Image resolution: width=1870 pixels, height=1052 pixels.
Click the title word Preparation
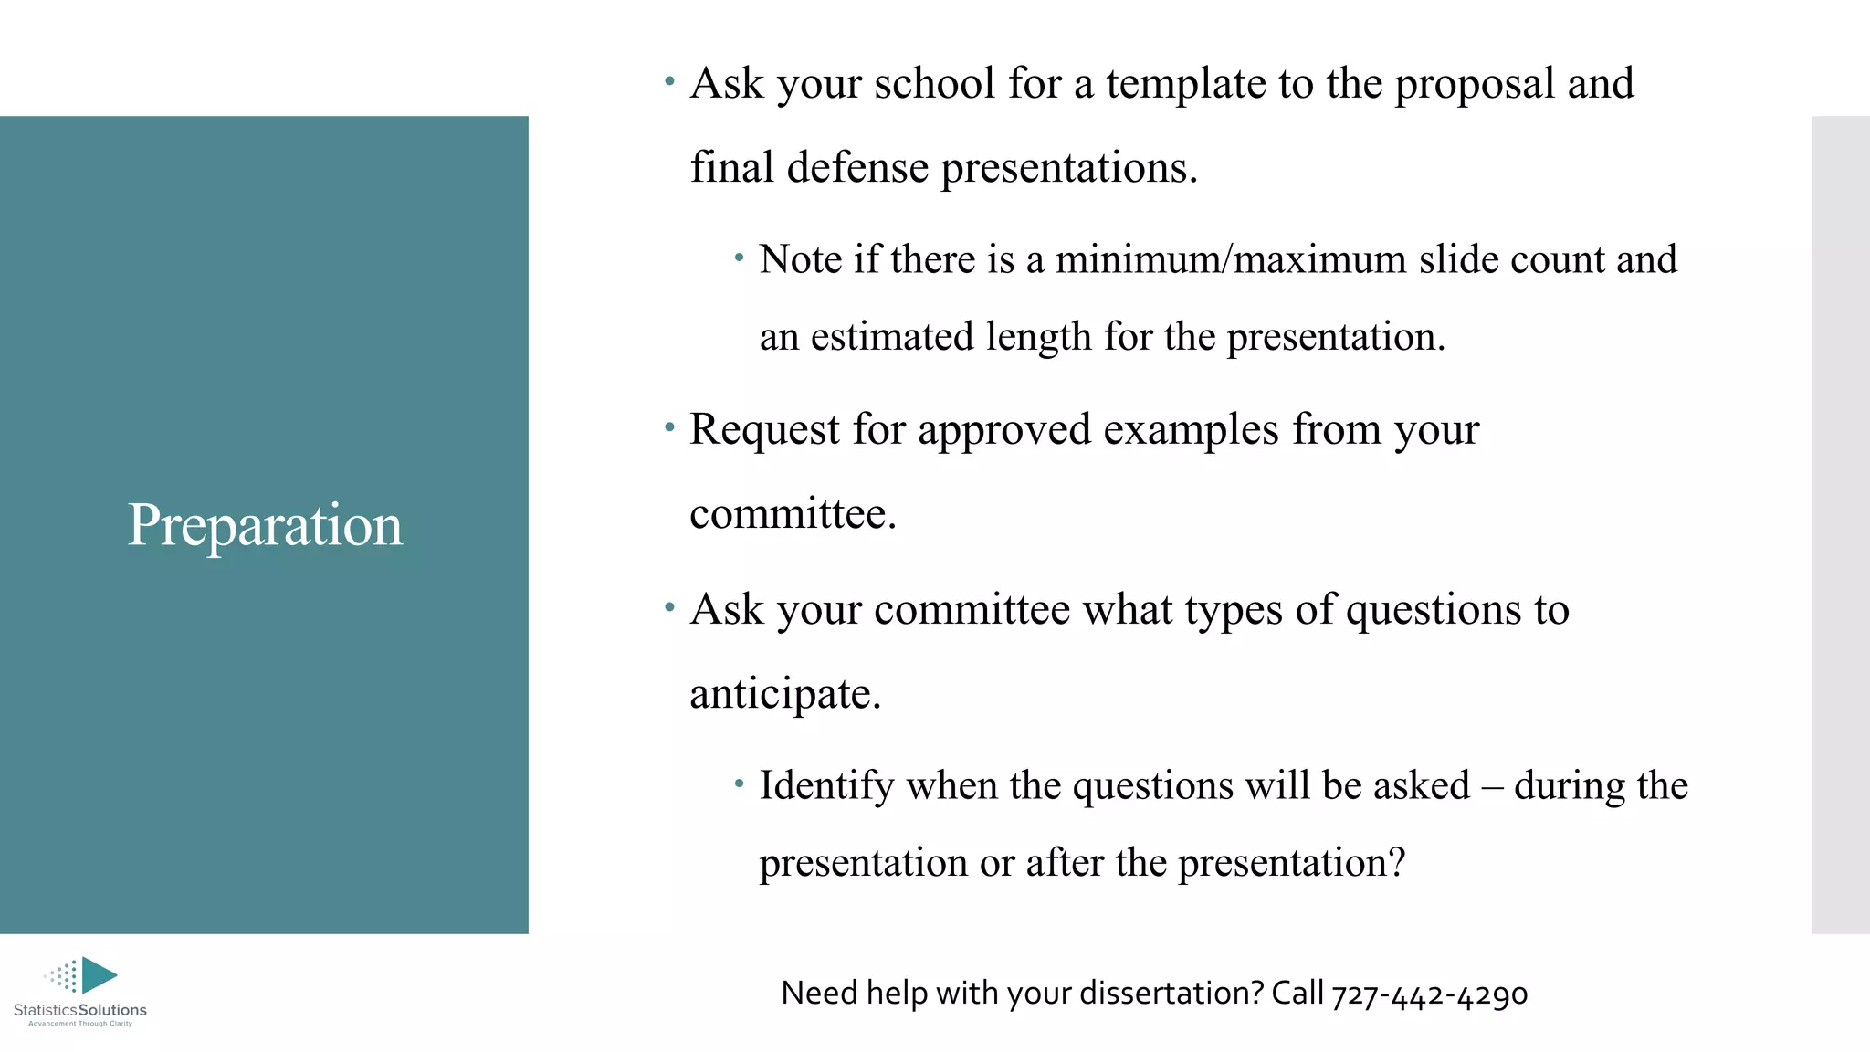pos(265,526)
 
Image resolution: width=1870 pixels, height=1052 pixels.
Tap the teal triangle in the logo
pos(98,974)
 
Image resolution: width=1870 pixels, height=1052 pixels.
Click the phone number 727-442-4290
pos(1429,994)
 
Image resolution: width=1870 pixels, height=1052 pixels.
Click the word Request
pos(764,429)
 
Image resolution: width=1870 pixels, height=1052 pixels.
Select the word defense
pos(857,168)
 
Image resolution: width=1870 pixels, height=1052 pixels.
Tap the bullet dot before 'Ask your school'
pos(670,82)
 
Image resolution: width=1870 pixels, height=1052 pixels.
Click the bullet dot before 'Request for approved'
pos(670,426)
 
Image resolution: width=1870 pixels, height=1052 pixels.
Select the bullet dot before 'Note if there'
pos(740,258)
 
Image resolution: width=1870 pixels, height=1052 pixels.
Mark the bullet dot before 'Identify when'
pos(740,783)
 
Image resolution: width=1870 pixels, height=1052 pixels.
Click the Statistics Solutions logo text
pos(80,1010)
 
